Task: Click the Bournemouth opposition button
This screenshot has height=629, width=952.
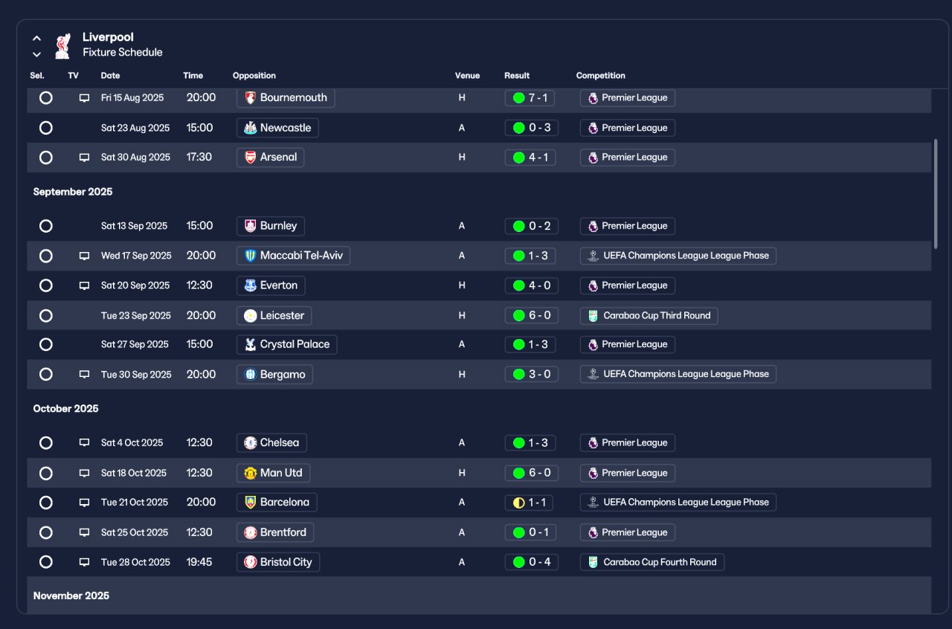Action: (286, 98)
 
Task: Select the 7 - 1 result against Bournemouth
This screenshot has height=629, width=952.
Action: (530, 98)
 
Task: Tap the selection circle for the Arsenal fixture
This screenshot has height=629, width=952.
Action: (46, 158)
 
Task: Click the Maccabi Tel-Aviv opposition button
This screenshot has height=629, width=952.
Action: (293, 256)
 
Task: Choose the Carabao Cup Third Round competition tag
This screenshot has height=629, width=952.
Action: (649, 315)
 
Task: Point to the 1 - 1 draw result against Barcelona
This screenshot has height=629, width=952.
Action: (530, 503)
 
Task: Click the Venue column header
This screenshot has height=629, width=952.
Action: (467, 76)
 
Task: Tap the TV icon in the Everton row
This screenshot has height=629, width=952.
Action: (84, 286)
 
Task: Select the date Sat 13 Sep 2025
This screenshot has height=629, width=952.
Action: (134, 226)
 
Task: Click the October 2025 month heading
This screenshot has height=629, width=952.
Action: (66, 409)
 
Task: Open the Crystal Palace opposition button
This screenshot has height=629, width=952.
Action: (286, 344)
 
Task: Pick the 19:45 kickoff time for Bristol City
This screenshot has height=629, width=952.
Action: (199, 562)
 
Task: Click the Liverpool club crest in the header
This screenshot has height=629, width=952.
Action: (62, 45)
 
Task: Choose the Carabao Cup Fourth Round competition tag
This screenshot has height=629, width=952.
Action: (652, 562)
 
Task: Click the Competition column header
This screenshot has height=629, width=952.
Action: (600, 76)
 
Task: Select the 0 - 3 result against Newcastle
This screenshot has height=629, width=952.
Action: (530, 128)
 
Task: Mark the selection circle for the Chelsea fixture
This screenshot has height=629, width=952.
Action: (46, 443)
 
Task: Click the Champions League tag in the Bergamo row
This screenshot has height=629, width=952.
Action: (678, 374)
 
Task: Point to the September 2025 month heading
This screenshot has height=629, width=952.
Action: (73, 192)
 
